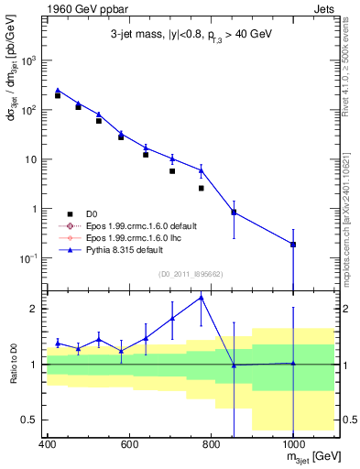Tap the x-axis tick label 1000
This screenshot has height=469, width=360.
coord(292,444)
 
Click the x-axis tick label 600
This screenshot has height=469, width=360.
coord(129,444)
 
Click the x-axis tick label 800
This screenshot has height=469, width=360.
coord(211,444)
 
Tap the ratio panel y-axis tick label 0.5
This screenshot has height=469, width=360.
coord(31,420)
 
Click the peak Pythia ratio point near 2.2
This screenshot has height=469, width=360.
coord(202,297)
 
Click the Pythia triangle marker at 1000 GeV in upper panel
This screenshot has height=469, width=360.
coord(292,244)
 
